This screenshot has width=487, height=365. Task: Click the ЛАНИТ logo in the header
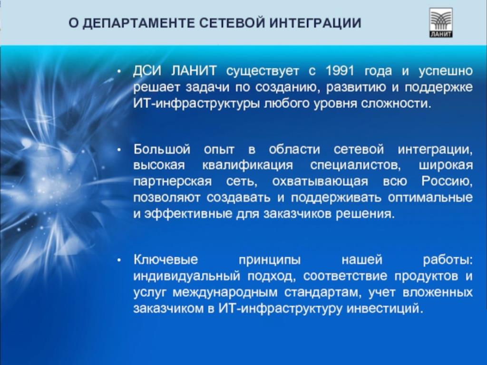(x=441, y=23)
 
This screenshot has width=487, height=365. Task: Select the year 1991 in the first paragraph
(x=340, y=71)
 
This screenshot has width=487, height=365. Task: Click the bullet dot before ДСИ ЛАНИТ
(x=119, y=72)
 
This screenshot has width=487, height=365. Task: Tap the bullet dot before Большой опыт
(x=119, y=150)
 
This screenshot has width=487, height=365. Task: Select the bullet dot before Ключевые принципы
(x=119, y=260)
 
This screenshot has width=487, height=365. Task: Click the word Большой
(x=162, y=150)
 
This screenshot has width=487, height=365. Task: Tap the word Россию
(x=447, y=181)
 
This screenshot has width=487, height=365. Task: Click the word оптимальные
(x=430, y=197)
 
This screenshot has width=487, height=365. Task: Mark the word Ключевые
(x=166, y=259)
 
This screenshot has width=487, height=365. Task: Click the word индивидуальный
(x=186, y=276)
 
